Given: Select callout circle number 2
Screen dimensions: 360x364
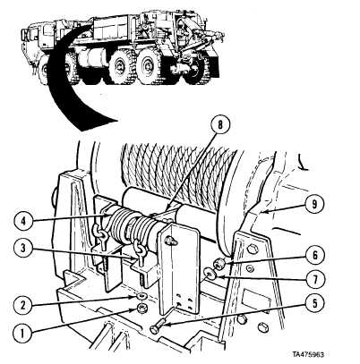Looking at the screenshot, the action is [x=23, y=305].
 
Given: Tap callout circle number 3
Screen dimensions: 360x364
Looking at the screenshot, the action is [x=23, y=248].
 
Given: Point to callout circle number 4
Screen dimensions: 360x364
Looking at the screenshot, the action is [x=23, y=221].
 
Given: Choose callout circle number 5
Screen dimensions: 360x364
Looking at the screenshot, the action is [x=314, y=303].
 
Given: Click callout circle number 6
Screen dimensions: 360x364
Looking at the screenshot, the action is [x=314, y=255].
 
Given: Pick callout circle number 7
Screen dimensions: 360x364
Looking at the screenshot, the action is [x=314, y=280].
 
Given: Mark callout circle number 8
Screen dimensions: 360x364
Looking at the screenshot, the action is [x=220, y=125].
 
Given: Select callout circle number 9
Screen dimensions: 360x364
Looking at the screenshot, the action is [x=314, y=204].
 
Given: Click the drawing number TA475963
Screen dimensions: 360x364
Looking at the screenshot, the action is [x=308, y=354].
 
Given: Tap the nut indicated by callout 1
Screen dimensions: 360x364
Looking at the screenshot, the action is [x=140, y=309].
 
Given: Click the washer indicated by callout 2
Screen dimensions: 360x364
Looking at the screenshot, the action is [x=140, y=296].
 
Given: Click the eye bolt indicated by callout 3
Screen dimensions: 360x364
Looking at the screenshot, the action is [x=139, y=251].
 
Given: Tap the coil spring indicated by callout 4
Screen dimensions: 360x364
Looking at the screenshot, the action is [x=131, y=226].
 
